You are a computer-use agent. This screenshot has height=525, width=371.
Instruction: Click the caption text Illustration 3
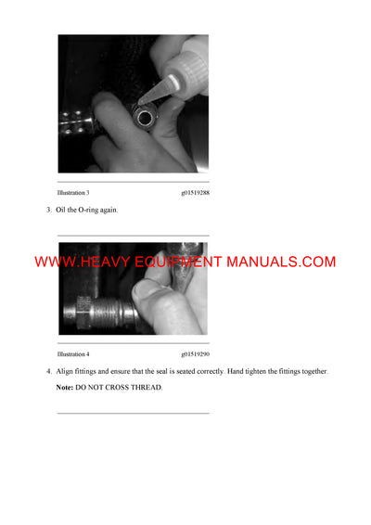73,192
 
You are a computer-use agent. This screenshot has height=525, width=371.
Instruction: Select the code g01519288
195,192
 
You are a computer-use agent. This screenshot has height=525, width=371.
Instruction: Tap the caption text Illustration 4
73,354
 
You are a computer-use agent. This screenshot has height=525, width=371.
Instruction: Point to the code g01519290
195,354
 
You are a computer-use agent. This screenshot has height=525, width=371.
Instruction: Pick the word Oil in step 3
61,210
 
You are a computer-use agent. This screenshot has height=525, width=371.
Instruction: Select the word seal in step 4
152,372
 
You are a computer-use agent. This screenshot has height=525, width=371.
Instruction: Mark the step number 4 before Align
49,372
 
